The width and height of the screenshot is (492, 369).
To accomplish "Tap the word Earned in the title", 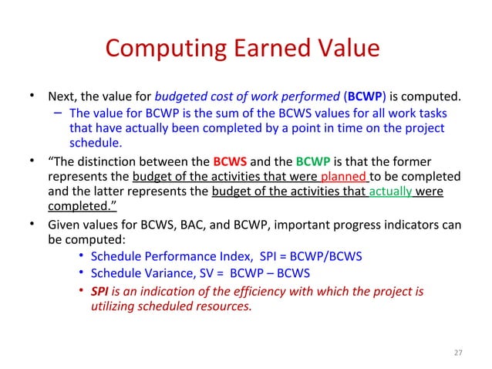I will tap(261, 48).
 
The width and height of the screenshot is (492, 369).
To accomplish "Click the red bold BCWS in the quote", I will tap(229, 162).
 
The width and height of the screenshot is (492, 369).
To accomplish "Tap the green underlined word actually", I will tap(390, 191).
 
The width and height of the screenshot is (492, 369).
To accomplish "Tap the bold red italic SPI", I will tap(99, 290).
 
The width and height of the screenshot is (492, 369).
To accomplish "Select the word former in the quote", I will tap(443, 162).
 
